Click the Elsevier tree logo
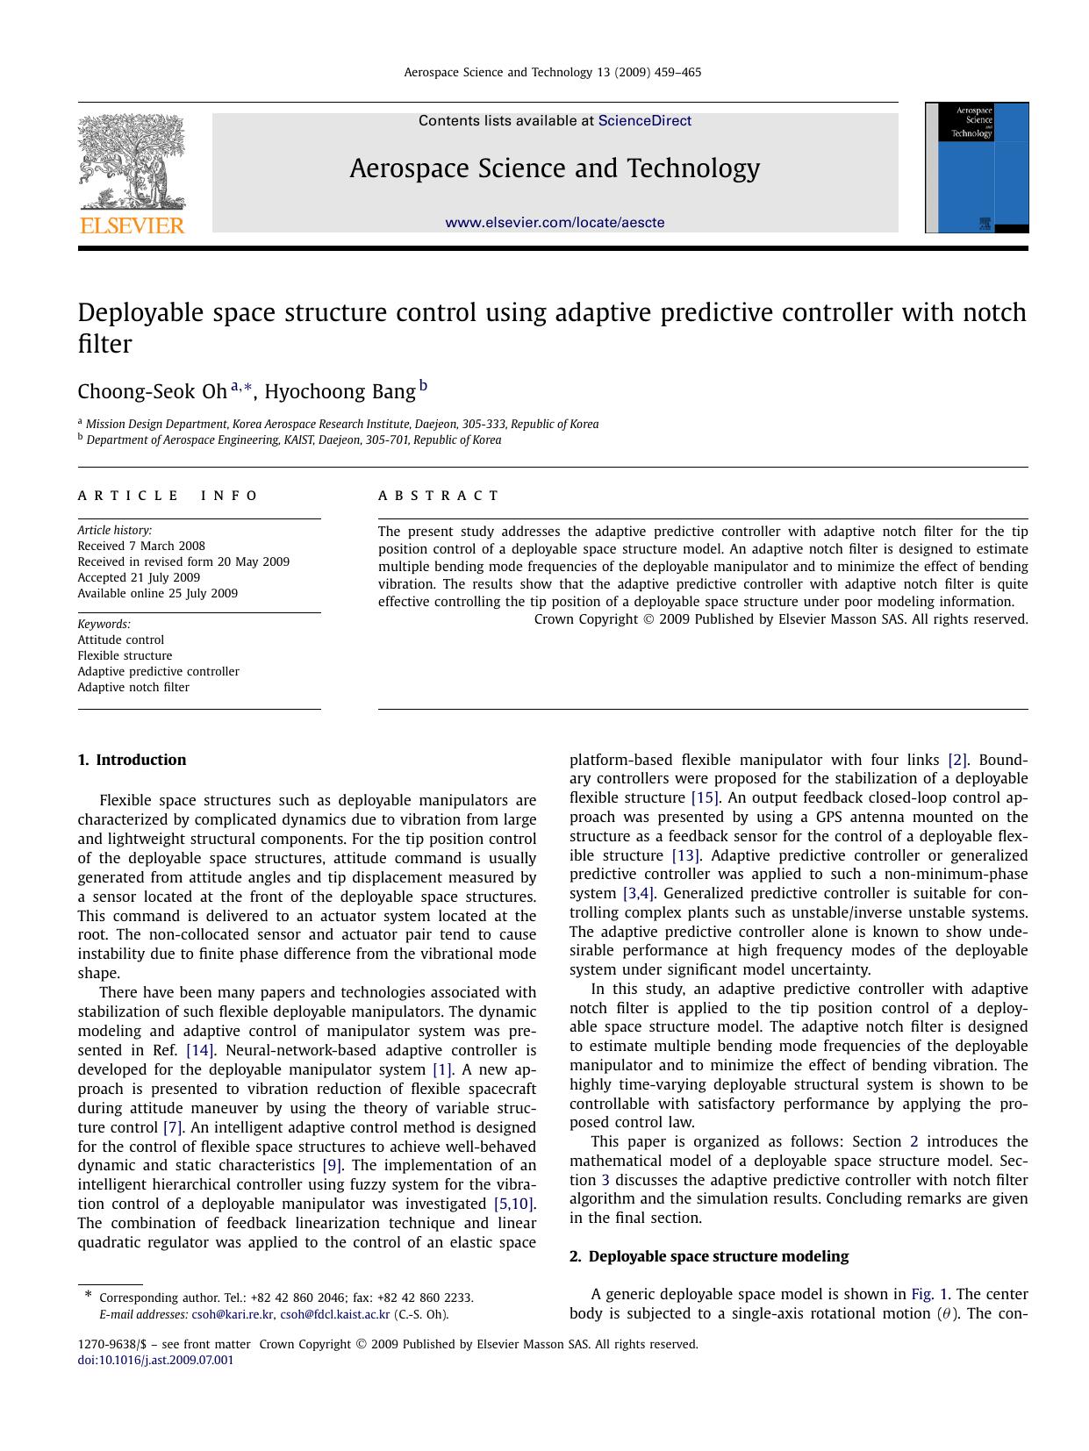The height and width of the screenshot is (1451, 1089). (132, 162)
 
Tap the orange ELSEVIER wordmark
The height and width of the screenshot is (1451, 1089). (132, 225)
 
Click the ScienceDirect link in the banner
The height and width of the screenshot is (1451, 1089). (644, 121)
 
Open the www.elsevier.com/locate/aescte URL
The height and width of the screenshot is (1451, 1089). (555, 223)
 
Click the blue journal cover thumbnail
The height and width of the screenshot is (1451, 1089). (977, 168)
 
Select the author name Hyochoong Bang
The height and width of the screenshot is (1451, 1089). (340, 391)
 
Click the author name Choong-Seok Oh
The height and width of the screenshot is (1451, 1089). (152, 391)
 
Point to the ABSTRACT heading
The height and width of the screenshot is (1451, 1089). (438, 496)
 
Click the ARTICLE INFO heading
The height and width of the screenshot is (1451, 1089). (168, 496)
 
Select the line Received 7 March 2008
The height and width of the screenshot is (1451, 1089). (141, 546)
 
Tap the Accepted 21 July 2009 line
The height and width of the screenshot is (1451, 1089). (139, 577)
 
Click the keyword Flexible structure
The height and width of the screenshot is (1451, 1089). (125, 655)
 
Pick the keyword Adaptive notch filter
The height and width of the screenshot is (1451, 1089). (133, 687)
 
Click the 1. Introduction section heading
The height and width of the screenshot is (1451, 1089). (132, 760)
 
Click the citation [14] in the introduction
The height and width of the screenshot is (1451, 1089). (200, 1050)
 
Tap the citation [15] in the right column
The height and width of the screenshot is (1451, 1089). (705, 797)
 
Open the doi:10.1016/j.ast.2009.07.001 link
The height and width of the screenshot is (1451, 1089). (155, 1361)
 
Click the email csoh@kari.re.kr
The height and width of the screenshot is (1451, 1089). (233, 1314)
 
